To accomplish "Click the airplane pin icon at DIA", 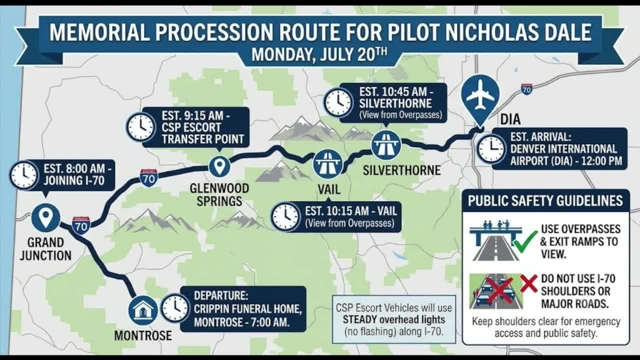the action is pyautogui.click(x=480, y=97).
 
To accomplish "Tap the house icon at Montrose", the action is pyautogui.click(x=143, y=310).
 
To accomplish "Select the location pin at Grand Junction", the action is pyautogui.click(x=45, y=218).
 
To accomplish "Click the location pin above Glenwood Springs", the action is pyautogui.click(x=219, y=166).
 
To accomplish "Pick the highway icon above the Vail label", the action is pyautogui.click(x=327, y=164).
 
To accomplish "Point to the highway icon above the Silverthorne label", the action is pyautogui.click(x=386, y=145).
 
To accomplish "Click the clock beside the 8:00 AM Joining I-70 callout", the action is pyautogui.click(x=24, y=175).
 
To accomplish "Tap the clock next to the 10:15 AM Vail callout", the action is pyautogui.click(x=285, y=217).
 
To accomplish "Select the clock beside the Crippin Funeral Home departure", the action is pyautogui.click(x=175, y=308).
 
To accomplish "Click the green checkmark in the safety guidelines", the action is pyautogui.click(x=525, y=241).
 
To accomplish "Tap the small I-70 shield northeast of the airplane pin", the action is pyautogui.click(x=526, y=89).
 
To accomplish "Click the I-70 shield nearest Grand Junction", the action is pyautogui.click(x=81, y=225).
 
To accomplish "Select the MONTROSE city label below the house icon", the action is pyautogui.click(x=143, y=335).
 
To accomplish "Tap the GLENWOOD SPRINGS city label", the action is pyautogui.click(x=219, y=195).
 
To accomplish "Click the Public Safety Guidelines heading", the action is pyautogui.click(x=545, y=200).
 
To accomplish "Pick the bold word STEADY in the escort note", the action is pyautogui.click(x=363, y=319).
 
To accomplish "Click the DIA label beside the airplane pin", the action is pyautogui.click(x=510, y=119).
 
